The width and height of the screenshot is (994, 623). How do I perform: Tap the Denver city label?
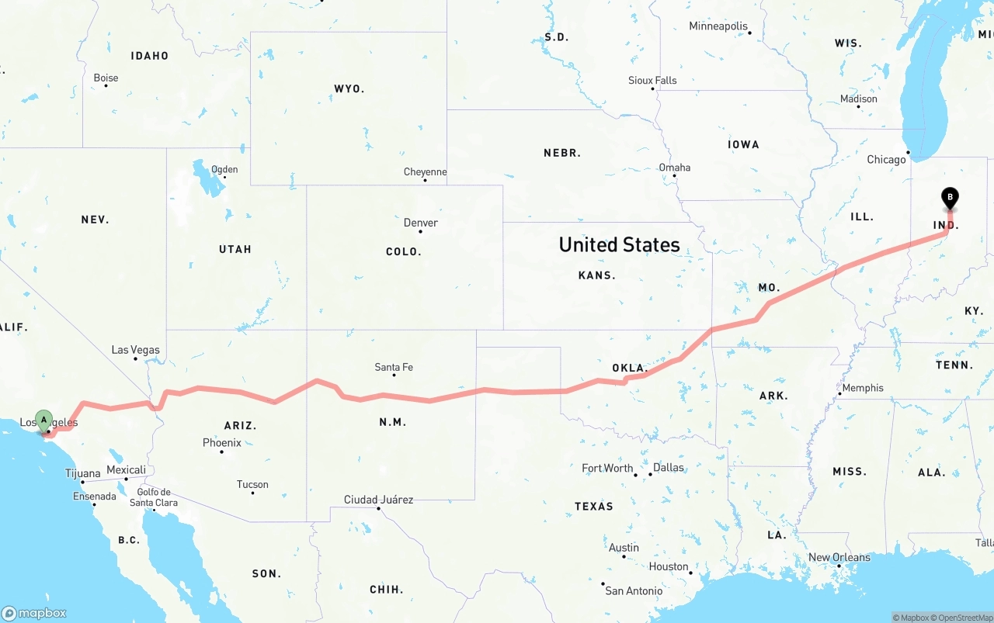[420, 223]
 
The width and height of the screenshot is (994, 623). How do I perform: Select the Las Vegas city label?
[135, 350]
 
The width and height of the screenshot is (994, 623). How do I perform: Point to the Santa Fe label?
[393, 367]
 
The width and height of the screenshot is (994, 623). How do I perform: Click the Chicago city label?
[886, 160]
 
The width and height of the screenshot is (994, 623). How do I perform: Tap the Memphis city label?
[862, 388]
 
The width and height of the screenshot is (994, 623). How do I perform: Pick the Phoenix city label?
[221, 443]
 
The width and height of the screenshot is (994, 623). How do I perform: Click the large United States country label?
[619, 245]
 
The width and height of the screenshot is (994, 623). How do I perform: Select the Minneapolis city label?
[718, 26]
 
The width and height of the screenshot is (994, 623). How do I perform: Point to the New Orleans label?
[839, 558]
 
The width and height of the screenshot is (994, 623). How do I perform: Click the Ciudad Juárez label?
[378, 500]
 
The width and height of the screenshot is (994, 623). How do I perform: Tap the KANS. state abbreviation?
[596, 275]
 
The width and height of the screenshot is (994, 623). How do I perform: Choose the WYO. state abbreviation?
[349, 89]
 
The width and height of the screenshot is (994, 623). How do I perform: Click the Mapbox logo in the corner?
[34, 613]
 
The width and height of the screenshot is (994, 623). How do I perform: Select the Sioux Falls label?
[652, 81]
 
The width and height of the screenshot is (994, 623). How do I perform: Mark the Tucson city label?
[252, 485]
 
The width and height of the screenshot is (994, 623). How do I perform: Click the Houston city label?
[669, 566]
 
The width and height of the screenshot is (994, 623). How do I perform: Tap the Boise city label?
[106, 78]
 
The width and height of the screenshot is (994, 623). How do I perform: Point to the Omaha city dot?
[674, 175]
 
